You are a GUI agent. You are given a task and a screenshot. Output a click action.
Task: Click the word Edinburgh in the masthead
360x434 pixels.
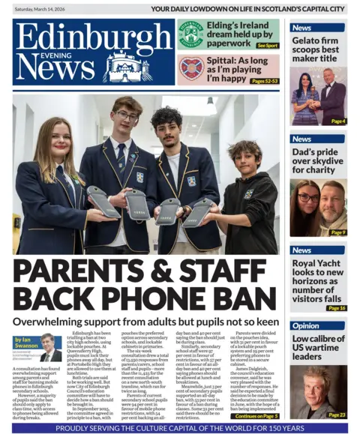(x=92, y=35)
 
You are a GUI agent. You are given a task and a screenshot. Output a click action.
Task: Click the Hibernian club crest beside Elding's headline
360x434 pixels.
(x=190, y=34)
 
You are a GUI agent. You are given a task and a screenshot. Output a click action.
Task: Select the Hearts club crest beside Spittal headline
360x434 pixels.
(x=190, y=68)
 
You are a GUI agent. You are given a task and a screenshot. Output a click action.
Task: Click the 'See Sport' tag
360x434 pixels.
(x=267, y=45)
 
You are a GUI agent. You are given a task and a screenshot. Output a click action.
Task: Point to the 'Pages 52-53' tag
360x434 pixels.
(x=264, y=80)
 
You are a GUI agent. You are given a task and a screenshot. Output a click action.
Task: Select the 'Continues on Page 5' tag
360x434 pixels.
(x=256, y=416)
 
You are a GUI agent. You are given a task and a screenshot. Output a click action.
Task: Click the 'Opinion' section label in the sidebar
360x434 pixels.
(x=306, y=326)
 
